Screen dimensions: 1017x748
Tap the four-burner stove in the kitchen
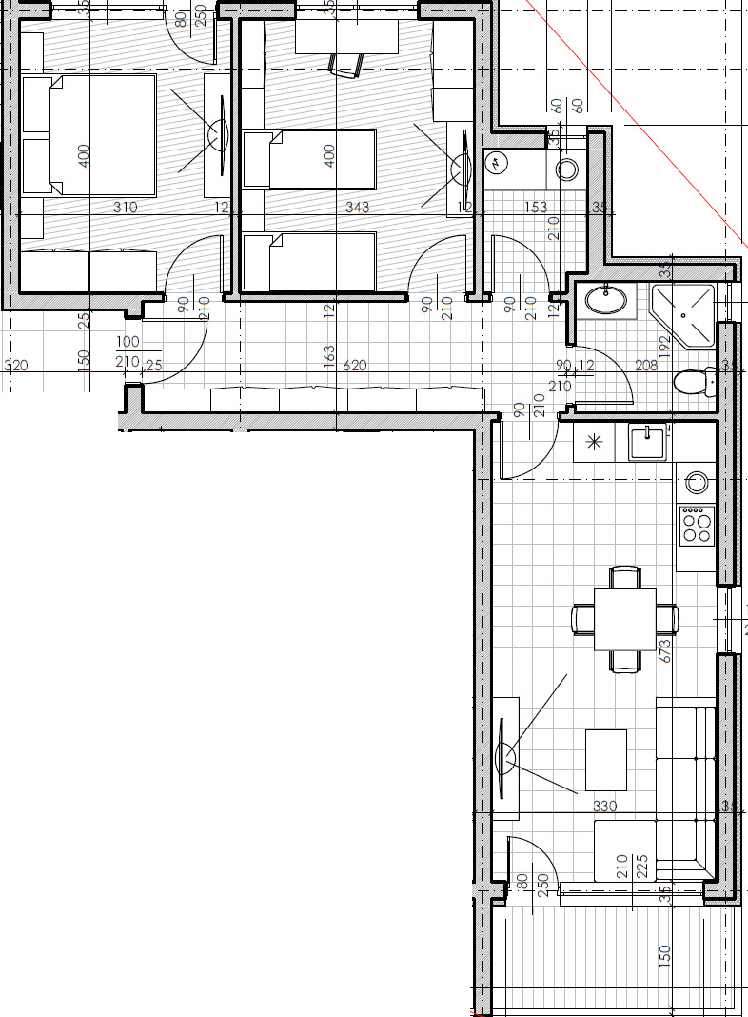click(x=697, y=524)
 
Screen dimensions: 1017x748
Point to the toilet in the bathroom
click(x=695, y=383)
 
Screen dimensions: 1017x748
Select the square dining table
click(x=624, y=619)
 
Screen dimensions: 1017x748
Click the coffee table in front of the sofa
click(x=605, y=759)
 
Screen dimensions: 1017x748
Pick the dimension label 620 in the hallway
click(x=355, y=365)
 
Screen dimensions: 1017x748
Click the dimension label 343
click(x=358, y=207)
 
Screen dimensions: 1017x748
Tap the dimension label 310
click(x=125, y=207)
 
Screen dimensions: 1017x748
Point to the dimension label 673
click(x=664, y=650)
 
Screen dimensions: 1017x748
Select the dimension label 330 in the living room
click(x=605, y=807)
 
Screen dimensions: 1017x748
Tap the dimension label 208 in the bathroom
click(x=646, y=365)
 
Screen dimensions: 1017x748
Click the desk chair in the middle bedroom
click(x=346, y=64)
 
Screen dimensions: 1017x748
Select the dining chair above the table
click(x=624, y=576)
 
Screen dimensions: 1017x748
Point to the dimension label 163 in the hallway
click(x=329, y=356)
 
